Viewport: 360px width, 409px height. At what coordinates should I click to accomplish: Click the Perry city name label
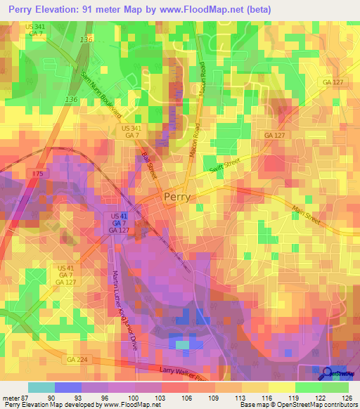(x=180, y=198)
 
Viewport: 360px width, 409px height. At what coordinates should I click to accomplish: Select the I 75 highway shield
(x=38, y=173)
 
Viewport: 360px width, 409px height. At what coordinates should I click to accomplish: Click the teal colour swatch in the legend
(x=41, y=387)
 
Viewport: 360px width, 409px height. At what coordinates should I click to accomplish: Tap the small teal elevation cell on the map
(x=182, y=345)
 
